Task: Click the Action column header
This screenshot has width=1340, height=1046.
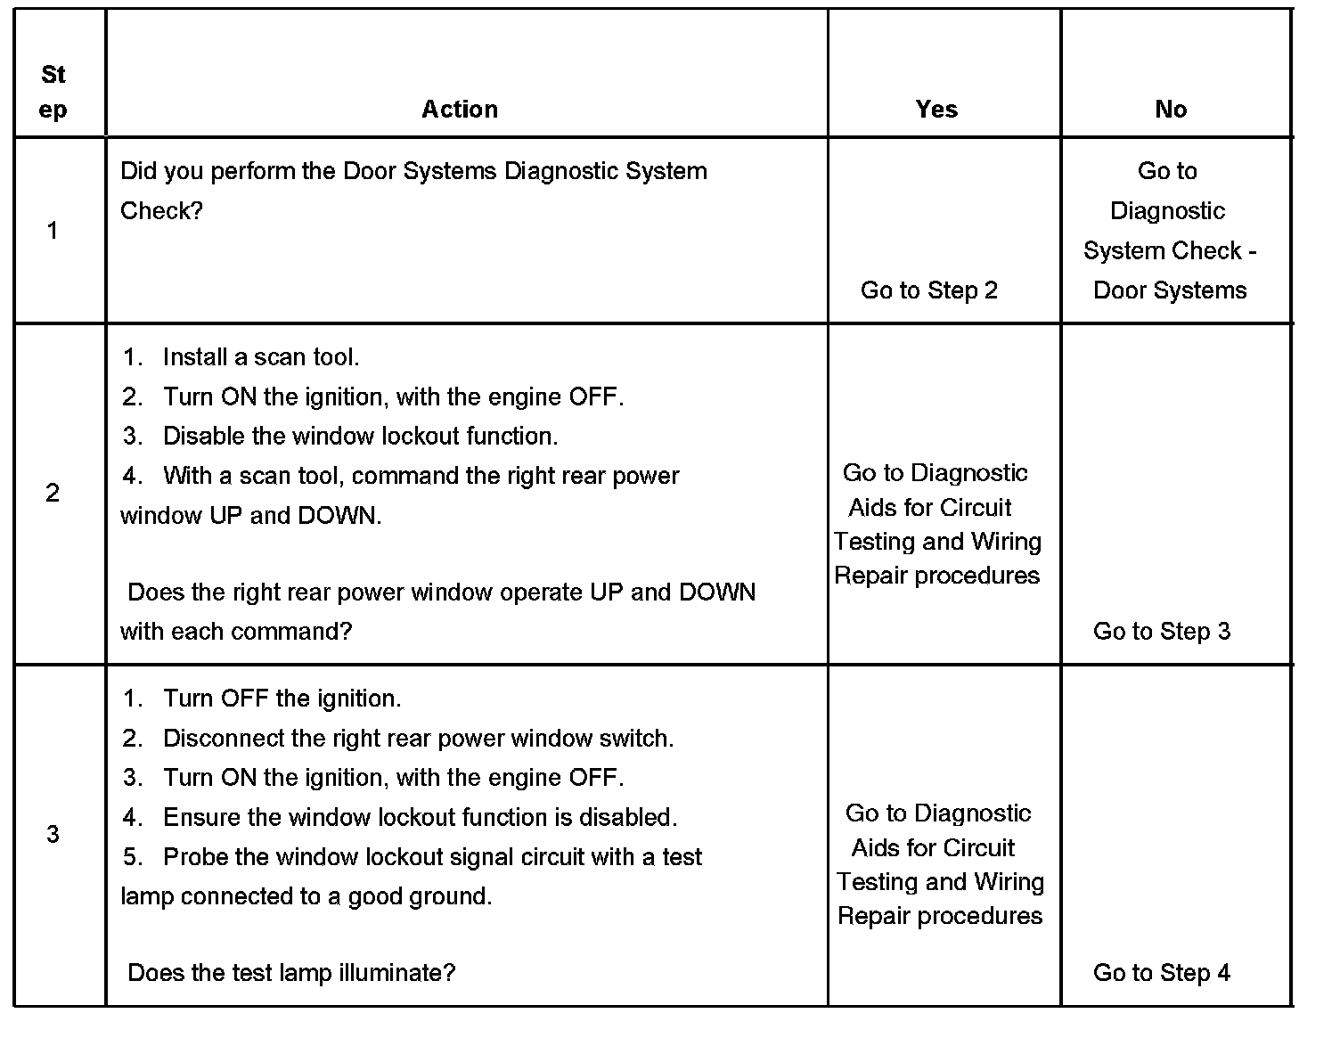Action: (x=460, y=110)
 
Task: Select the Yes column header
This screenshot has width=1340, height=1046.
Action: (x=936, y=110)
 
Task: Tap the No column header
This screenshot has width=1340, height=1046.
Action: (x=1171, y=110)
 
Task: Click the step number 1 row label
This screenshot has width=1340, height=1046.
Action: (x=53, y=232)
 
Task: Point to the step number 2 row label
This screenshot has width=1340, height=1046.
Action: (x=53, y=493)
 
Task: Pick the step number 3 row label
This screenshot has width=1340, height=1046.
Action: (x=53, y=834)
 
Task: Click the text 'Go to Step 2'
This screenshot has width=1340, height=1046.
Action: (x=929, y=290)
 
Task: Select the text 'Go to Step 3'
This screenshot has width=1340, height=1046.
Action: (x=1162, y=632)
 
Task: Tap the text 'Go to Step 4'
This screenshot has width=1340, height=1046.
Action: (x=1162, y=973)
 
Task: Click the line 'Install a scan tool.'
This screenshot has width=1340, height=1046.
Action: (x=260, y=357)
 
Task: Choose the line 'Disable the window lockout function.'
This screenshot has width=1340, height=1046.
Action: (x=360, y=437)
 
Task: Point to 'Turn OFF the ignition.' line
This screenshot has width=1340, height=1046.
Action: (x=282, y=699)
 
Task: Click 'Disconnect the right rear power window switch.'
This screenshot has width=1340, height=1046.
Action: (x=418, y=739)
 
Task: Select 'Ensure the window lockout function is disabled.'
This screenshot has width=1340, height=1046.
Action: (x=420, y=817)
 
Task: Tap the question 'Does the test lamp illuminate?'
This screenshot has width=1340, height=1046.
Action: (x=291, y=973)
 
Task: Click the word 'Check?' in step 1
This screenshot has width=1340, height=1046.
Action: (x=161, y=211)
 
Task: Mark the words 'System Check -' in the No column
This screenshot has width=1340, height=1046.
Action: (x=1170, y=251)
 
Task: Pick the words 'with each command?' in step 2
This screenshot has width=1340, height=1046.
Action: (x=236, y=632)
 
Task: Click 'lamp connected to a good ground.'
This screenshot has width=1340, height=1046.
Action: (x=306, y=896)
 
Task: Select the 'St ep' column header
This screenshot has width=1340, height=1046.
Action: (x=53, y=93)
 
